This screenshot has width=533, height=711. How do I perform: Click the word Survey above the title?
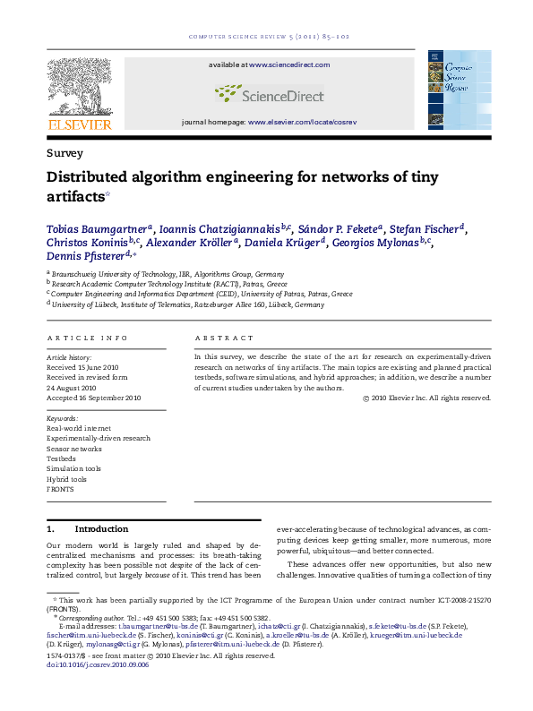coord(64,153)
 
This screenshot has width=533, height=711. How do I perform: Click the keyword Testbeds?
coord(61,458)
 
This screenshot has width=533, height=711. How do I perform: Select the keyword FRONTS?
coord(60,489)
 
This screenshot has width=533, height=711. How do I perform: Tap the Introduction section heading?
coord(101,529)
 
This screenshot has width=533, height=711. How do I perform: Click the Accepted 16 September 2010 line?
coord(94,398)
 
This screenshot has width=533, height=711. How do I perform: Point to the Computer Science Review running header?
coord(266,37)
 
